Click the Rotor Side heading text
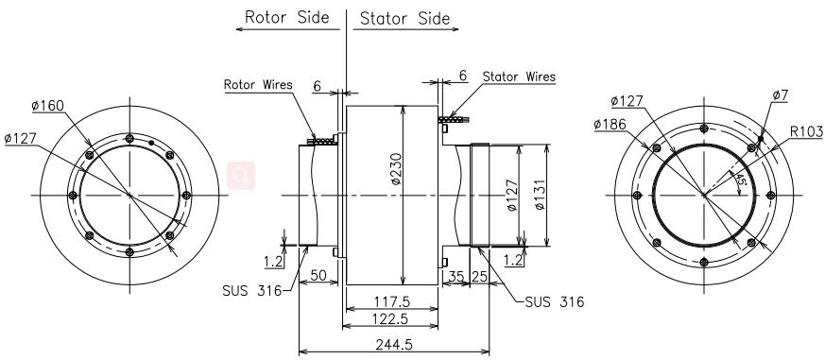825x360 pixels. [286, 17]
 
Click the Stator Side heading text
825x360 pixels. [404, 19]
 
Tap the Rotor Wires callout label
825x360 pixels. [258, 85]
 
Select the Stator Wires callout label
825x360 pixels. [519, 77]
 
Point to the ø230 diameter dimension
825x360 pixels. [396, 168]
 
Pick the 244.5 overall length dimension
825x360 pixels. [394, 344]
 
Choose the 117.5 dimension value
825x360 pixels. [391, 301]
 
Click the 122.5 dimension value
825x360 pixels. [391, 318]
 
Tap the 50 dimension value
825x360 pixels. [318, 275]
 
